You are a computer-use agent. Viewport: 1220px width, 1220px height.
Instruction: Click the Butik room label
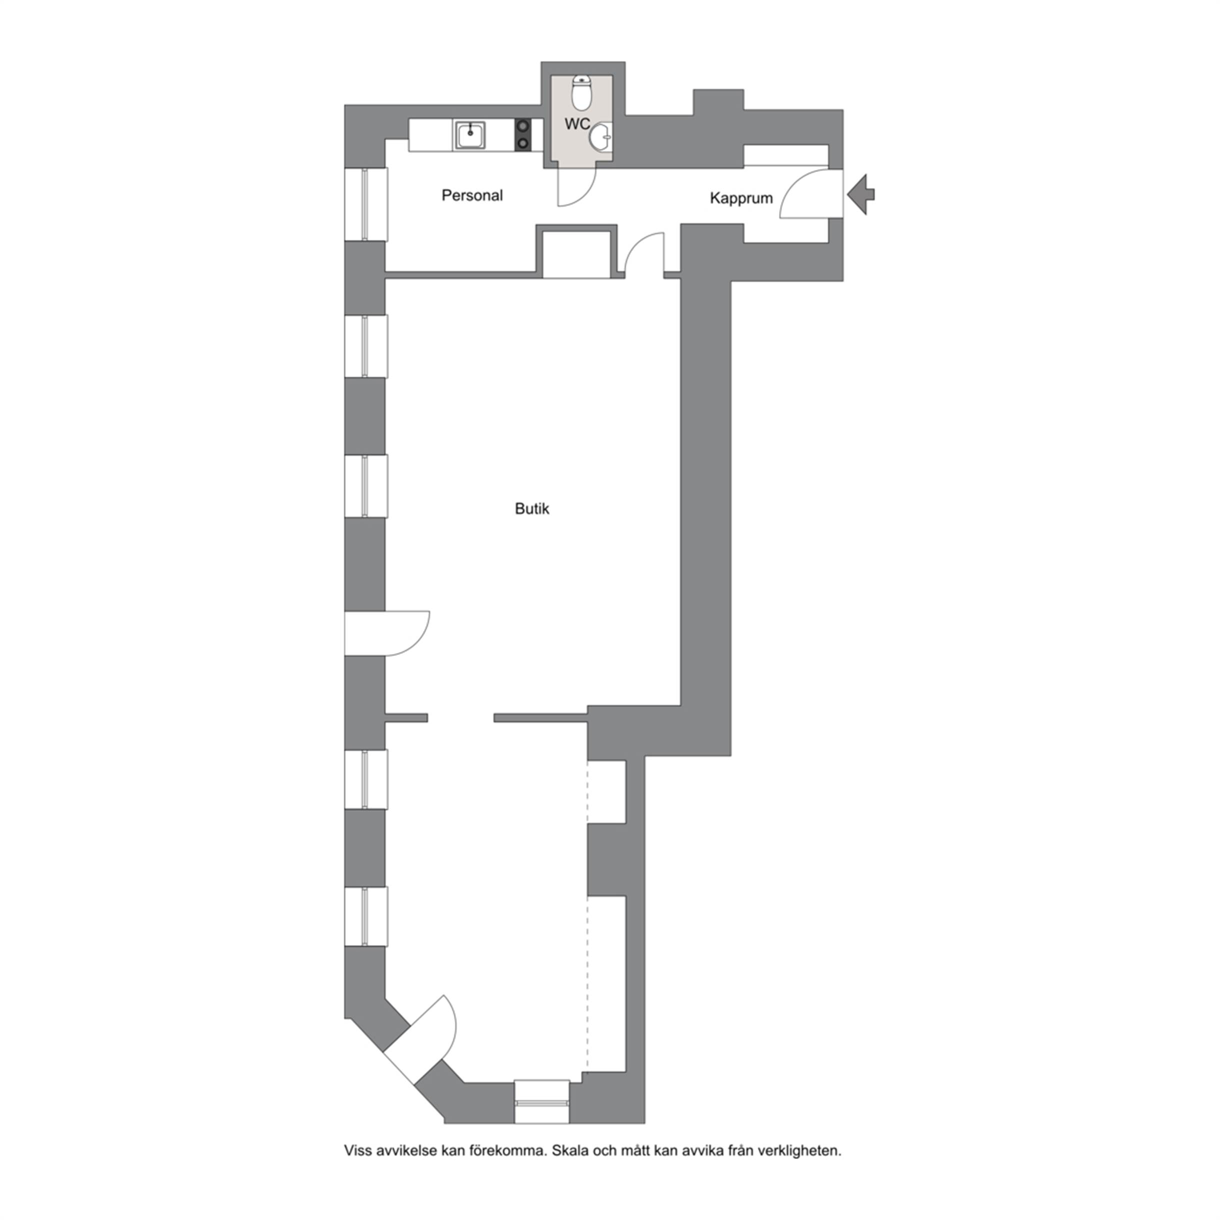coord(531,509)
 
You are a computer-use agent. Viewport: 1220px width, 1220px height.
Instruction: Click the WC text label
coord(577,124)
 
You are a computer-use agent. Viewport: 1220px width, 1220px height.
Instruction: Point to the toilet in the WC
coord(581,93)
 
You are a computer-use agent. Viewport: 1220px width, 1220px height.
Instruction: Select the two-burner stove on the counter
coord(522,135)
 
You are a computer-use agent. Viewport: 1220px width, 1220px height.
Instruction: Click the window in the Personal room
coord(365,204)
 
